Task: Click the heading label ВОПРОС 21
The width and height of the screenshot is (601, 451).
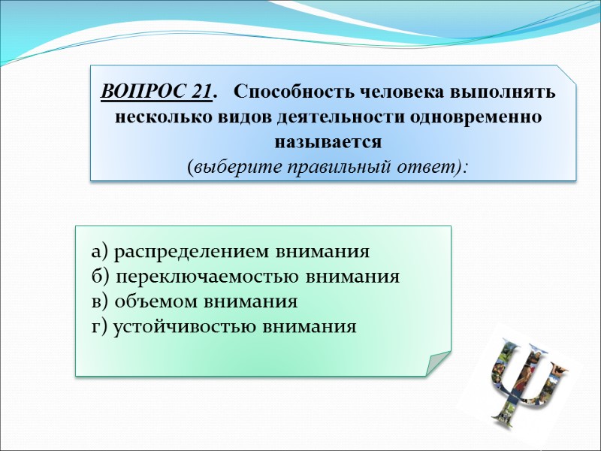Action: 156,92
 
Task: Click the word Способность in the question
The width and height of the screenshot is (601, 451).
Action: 294,92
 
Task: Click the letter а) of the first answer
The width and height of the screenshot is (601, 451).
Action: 101,251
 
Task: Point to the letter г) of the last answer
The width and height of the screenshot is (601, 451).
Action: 100,328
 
